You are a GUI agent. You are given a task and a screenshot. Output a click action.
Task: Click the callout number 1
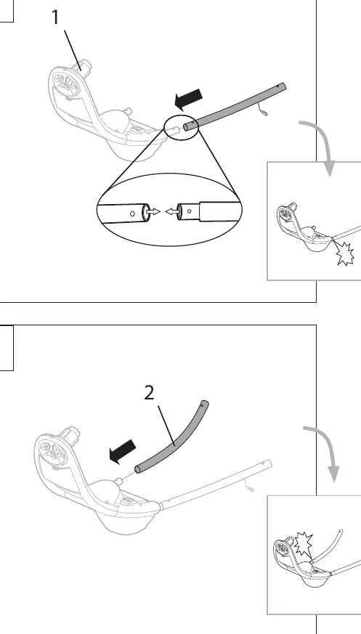55,17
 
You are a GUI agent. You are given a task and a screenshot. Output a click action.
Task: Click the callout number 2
149,393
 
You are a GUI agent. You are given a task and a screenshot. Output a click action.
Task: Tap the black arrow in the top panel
188,99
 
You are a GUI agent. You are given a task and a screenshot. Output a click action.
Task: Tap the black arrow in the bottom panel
123,452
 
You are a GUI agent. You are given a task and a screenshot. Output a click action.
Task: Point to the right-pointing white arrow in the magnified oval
153,211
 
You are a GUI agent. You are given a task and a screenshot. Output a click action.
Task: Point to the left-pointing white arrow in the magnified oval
171,211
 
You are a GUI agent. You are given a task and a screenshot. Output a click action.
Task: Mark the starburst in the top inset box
345,253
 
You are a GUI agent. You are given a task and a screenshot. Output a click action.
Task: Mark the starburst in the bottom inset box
303,544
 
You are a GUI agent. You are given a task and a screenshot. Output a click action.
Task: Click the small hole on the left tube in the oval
132,213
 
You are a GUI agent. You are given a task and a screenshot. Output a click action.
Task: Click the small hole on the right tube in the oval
189,211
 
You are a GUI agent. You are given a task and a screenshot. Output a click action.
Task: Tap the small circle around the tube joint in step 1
181,126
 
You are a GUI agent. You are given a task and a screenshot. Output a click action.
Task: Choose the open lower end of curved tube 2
138,469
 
